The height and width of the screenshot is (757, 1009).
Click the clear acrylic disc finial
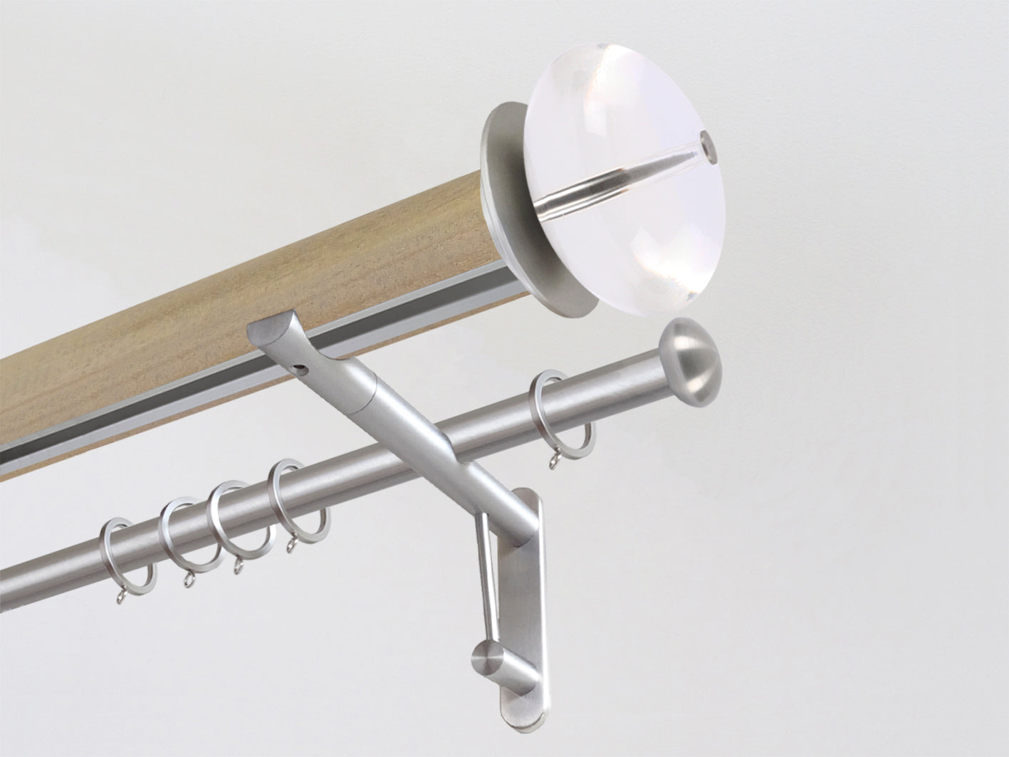coord(627,214)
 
